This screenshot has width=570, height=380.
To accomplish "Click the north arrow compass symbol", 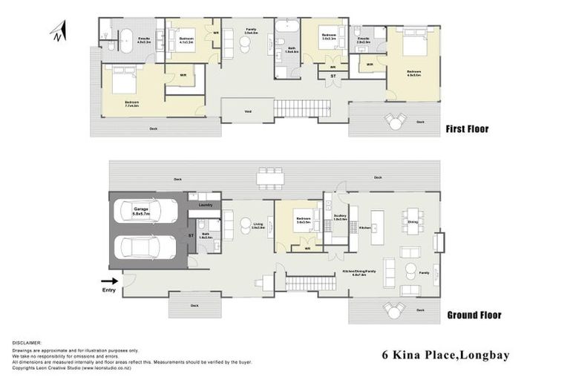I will point(59,31).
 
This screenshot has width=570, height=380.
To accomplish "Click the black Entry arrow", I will point(108,281).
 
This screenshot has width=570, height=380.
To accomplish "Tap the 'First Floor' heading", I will point(467,129).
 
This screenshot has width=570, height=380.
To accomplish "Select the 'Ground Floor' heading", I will point(474,315).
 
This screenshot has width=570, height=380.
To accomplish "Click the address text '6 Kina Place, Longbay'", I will point(445,356).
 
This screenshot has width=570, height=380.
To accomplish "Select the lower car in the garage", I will point(146,246).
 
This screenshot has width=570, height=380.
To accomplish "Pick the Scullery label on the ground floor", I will point(341,217).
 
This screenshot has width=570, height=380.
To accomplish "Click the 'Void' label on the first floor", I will point(246,111).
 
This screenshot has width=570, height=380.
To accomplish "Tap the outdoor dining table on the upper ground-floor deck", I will point(270,177).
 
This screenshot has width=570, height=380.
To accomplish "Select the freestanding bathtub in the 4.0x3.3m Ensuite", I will point(125,36).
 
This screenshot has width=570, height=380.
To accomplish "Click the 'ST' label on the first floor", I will point(332,76).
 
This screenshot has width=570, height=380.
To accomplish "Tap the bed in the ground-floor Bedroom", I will point(304,226).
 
